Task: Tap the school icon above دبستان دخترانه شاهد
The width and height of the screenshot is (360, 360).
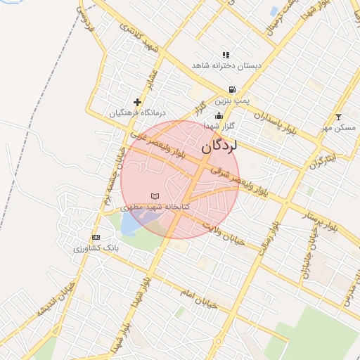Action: [226, 54]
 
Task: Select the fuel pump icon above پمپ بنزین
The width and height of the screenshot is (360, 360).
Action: [231, 90]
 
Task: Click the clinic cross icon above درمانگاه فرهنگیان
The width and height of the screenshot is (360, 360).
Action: [137, 102]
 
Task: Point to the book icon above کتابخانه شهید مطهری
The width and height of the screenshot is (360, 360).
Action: [155, 195]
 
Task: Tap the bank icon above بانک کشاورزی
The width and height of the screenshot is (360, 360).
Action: [96, 237]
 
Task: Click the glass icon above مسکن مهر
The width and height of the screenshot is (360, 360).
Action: [338, 117]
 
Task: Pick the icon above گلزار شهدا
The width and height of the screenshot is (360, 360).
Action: [219, 115]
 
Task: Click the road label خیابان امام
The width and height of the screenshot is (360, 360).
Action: [199, 298]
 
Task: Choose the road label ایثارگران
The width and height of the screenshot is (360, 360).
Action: [322, 160]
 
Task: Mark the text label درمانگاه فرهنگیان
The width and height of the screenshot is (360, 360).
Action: [138, 112]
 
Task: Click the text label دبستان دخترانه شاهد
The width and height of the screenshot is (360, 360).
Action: [226, 65]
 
